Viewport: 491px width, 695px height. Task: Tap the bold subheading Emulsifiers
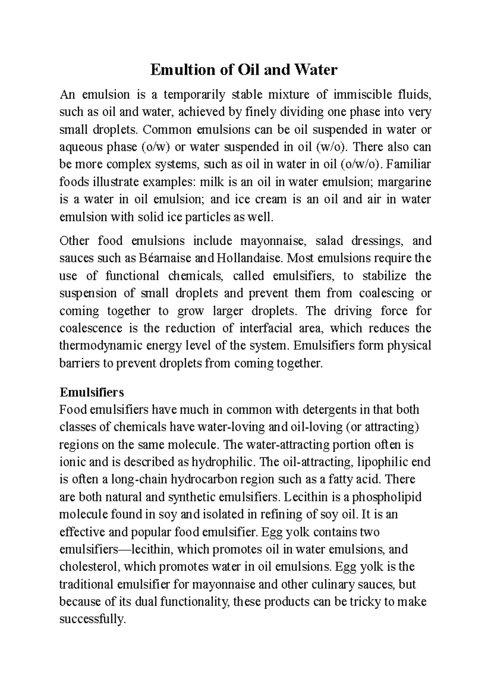[x=91, y=392]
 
